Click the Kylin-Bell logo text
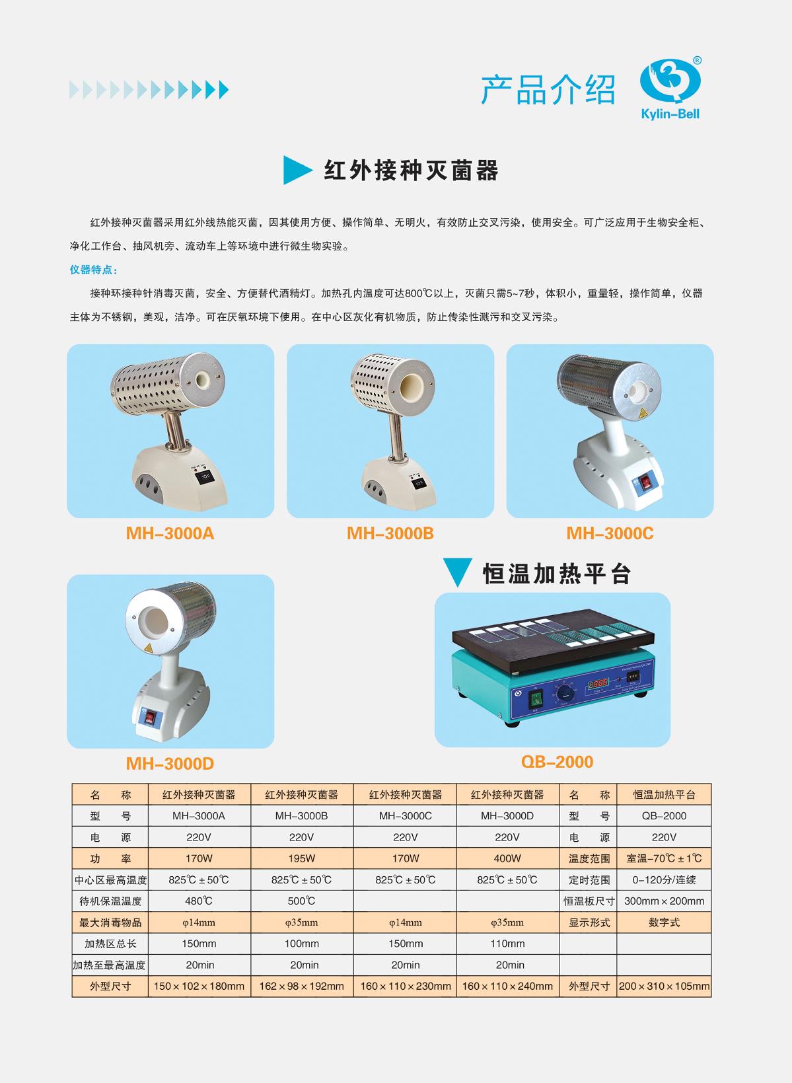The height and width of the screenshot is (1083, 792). [x=670, y=114]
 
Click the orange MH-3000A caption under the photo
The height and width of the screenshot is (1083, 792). [x=170, y=533]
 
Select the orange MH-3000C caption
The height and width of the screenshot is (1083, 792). [x=610, y=533]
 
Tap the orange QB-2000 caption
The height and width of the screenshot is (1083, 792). [x=557, y=761]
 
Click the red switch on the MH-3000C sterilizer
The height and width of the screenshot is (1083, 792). [x=645, y=482]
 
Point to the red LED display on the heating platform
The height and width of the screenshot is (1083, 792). [x=598, y=684]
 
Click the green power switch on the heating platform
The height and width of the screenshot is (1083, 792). [x=536, y=699]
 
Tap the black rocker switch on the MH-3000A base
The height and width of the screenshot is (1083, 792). [x=203, y=476]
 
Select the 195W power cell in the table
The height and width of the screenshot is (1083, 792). [x=301, y=858]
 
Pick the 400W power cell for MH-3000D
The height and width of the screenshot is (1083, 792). [x=507, y=858]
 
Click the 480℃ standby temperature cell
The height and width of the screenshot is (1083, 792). [x=199, y=901]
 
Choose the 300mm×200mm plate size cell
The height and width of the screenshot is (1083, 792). [x=664, y=901]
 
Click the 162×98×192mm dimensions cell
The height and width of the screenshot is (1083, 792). [x=301, y=986]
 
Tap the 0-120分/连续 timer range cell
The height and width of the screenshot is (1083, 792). [x=664, y=879]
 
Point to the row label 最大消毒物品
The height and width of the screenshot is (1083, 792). [x=110, y=922]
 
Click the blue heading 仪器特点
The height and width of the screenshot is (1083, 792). [x=93, y=270]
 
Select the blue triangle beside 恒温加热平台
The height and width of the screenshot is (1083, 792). [x=457, y=572]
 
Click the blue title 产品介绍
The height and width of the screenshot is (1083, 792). [x=548, y=90]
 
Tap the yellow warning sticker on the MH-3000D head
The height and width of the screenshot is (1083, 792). [x=148, y=649]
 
